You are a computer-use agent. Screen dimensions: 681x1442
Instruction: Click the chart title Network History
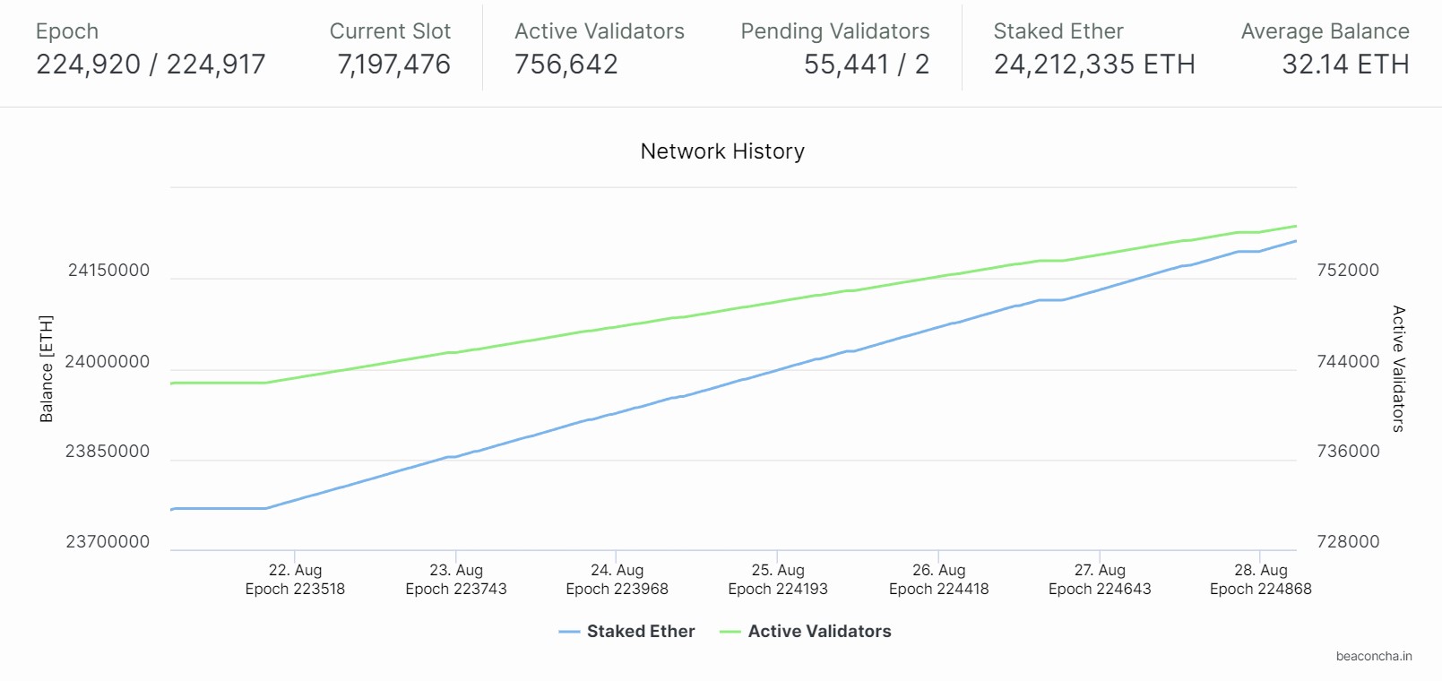(x=722, y=151)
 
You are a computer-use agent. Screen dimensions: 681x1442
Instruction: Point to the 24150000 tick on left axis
(x=108, y=271)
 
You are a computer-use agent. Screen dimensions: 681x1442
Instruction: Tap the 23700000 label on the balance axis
(x=108, y=542)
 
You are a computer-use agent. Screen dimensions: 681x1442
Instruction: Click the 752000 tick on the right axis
(x=1347, y=271)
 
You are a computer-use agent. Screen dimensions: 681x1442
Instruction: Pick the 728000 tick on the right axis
(x=1347, y=542)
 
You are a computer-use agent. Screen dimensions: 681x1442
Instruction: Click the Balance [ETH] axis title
(x=47, y=368)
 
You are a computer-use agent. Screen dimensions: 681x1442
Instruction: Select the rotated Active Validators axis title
(x=1398, y=368)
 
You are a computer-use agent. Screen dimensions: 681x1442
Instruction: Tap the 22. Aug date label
(x=295, y=570)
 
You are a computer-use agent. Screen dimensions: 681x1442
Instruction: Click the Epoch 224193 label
(x=777, y=590)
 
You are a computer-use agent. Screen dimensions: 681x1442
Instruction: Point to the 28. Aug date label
(x=1260, y=570)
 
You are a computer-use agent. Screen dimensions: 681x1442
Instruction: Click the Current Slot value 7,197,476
(x=393, y=65)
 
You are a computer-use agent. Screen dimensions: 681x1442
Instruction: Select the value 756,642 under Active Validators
(x=566, y=65)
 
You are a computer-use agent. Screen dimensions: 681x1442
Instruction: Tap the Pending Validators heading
(x=834, y=31)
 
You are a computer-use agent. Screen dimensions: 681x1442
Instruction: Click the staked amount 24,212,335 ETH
(x=1094, y=65)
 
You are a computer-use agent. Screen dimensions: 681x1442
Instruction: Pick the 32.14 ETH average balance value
(x=1345, y=65)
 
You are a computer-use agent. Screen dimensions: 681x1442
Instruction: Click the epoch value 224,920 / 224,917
(x=151, y=65)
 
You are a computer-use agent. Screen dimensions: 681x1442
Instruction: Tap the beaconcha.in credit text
(x=1373, y=657)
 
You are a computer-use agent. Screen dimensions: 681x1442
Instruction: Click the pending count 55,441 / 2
(x=866, y=65)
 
